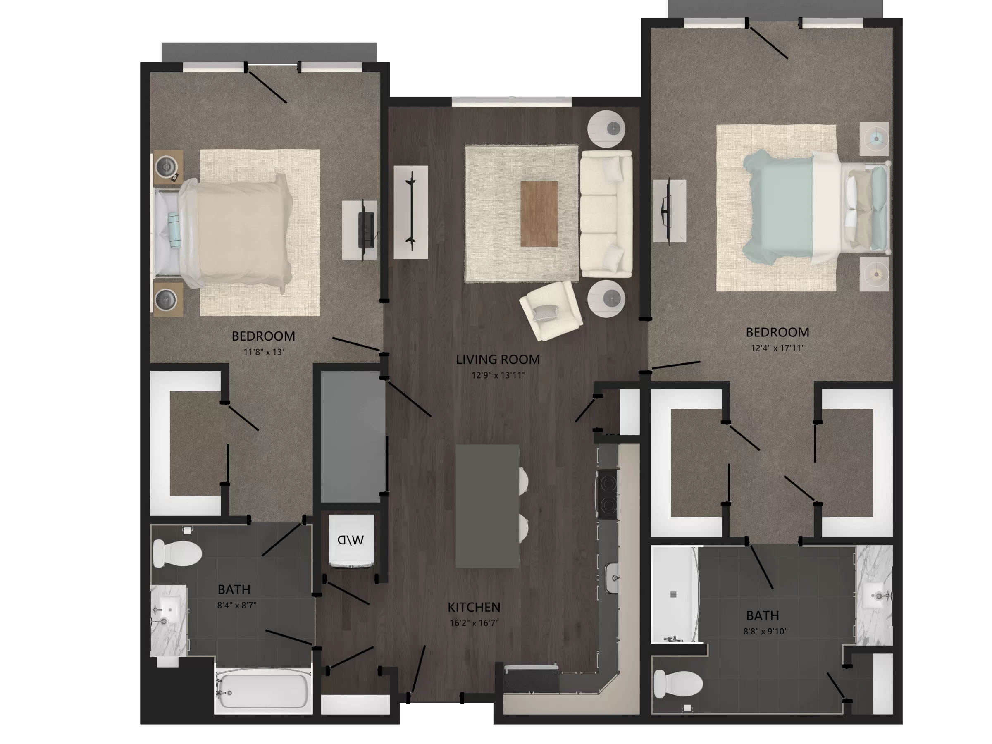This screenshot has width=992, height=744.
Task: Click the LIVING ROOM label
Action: [498, 359]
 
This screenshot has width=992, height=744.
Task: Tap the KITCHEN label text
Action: [474, 607]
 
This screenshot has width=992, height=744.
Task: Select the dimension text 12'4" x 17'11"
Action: [777, 348]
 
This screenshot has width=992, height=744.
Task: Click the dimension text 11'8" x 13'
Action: [263, 352]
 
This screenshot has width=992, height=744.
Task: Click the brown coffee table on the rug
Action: [539, 214]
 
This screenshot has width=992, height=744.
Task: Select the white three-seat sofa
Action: [606, 214]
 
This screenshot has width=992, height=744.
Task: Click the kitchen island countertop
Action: [487, 506]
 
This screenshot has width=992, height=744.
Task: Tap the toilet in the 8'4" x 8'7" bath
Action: [177, 553]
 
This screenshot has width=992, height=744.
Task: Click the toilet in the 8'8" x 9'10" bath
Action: [677, 684]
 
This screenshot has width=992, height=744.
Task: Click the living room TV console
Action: [410, 212]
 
